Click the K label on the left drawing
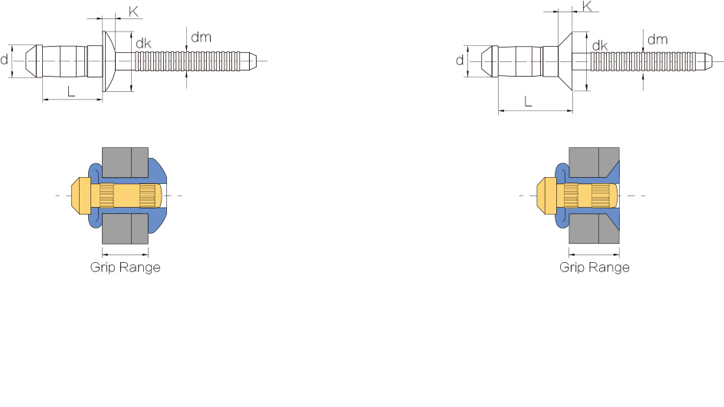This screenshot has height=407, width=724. [133, 11]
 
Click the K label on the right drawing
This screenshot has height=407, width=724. [588, 6]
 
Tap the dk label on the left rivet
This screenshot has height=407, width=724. [143, 44]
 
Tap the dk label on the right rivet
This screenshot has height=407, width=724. [600, 46]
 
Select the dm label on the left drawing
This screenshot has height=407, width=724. [201, 37]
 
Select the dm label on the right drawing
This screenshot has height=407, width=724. [657, 39]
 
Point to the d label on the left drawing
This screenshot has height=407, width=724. [4, 60]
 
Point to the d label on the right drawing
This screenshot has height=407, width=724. [460, 61]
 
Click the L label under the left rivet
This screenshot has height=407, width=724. [71, 91]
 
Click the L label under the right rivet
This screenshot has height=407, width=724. [528, 101]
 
